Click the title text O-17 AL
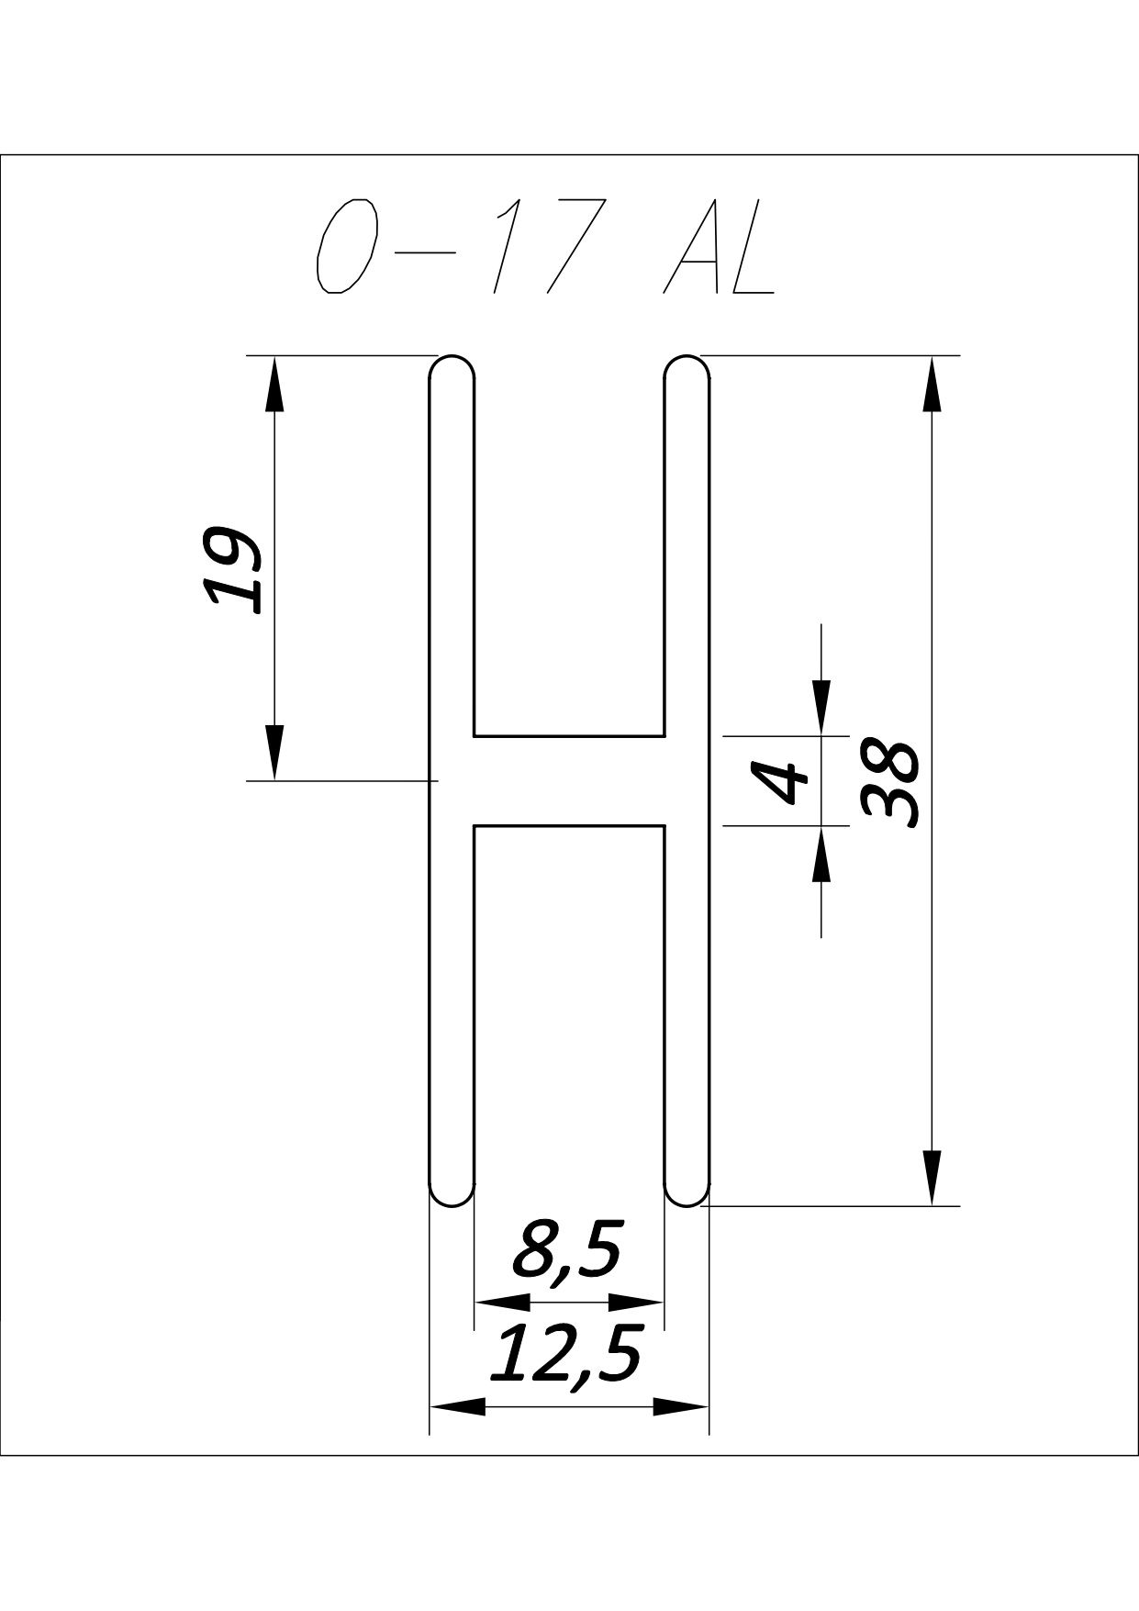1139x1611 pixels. point(546,245)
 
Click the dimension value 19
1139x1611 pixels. point(230,569)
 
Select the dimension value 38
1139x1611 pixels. point(889,783)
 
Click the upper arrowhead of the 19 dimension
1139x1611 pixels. point(274,384)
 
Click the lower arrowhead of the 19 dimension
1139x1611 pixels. point(274,752)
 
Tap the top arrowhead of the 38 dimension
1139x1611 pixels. point(932,384)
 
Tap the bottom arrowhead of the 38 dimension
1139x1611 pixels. point(932,1178)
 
